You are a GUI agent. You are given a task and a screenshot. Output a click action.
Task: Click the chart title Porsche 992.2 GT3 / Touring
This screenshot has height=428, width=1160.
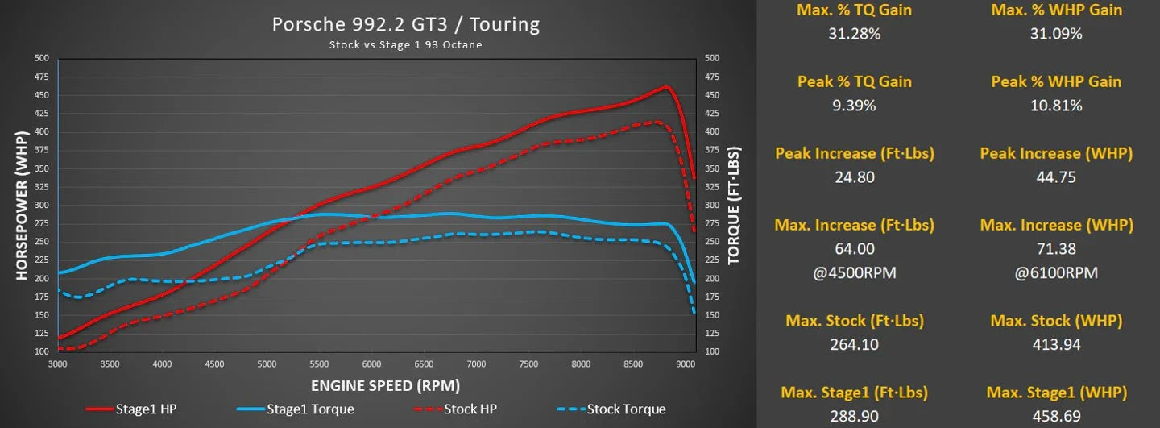pyautogui.click(x=405, y=24)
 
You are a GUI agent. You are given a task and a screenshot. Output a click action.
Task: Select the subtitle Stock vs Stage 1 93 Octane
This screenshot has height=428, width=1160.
pyautogui.click(x=405, y=45)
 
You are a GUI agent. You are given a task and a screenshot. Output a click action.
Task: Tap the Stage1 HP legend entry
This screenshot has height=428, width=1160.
pyautogui.click(x=146, y=409)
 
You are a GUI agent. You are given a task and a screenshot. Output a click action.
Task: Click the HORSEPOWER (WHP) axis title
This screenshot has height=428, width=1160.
pyautogui.click(x=22, y=206)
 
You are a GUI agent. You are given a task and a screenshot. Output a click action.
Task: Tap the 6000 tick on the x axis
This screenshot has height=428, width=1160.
pyautogui.click(x=371, y=364)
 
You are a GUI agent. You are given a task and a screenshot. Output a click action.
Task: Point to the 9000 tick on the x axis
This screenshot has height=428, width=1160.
pyautogui.click(x=686, y=364)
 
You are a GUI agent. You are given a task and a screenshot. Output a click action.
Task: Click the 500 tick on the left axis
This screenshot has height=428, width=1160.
pyautogui.click(x=41, y=58)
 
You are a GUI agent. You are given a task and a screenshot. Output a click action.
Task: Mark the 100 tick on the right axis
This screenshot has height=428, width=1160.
pyautogui.click(x=712, y=352)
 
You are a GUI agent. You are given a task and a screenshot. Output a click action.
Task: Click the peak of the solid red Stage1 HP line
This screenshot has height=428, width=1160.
pyautogui.click(x=666, y=87)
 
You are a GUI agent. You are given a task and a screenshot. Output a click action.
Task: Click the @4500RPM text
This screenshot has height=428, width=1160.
pyautogui.click(x=854, y=272)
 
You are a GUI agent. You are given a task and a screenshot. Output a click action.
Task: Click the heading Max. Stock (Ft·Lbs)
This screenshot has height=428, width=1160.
pyautogui.click(x=854, y=321)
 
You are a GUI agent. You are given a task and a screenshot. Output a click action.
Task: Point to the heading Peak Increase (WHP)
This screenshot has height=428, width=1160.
pyautogui.click(x=1056, y=153)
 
